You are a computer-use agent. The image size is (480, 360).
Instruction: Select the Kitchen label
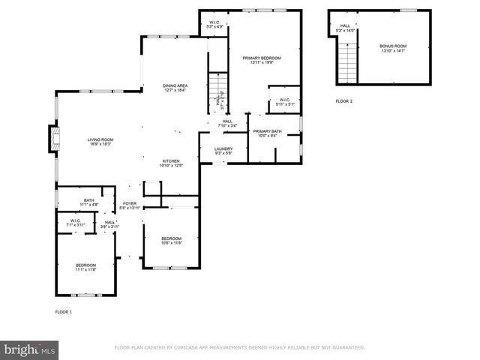[x=172, y=163]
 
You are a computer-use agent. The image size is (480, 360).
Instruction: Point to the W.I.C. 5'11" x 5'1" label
[x=285, y=102]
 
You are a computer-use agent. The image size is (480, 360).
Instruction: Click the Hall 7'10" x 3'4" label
[x=227, y=123]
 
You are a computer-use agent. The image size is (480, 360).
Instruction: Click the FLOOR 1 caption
[x=63, y=311]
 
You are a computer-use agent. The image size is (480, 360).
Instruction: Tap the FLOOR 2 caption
[x=343, y=100]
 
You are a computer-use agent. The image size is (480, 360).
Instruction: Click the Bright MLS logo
[x=28, y=349]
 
